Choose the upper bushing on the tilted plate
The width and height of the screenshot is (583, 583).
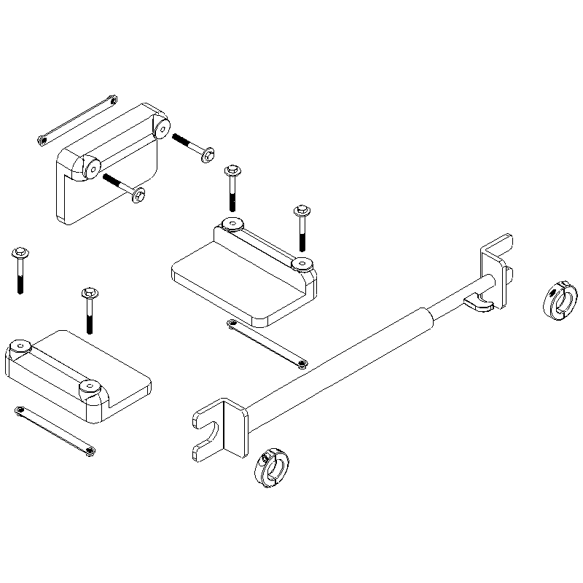(x=162, y=128)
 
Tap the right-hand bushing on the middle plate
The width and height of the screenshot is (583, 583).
(x=301, y=264)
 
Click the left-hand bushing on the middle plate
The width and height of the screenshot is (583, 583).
(x=232, y=224)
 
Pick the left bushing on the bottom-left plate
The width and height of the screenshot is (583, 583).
(x=20, y=348)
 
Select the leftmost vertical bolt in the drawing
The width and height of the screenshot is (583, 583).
(x=19, y=270)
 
